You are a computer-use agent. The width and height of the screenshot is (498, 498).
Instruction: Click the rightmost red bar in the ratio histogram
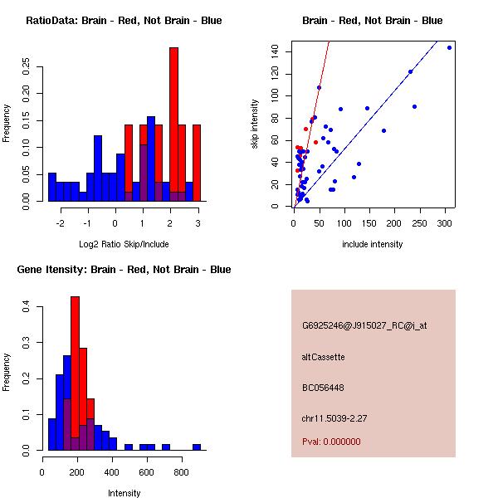coord(197,162)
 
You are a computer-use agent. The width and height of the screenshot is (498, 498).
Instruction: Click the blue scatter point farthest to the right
coord(449,48)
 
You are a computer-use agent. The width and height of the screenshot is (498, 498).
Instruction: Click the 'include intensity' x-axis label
coord(373,244)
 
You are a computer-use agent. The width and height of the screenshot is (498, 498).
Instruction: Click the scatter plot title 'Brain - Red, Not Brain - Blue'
coord(372,21)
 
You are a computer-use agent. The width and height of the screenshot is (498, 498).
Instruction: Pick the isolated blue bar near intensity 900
coord(197,447)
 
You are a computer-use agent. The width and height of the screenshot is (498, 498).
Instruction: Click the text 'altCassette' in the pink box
coord(324,357)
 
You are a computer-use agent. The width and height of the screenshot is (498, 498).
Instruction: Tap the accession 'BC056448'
coord(324,388)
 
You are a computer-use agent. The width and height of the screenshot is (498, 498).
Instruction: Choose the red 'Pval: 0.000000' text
coord(332,442)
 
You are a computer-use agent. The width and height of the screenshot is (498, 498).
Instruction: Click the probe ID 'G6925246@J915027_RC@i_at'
coord(365,326)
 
